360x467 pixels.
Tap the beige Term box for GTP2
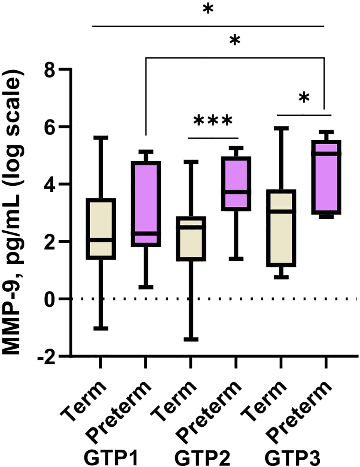coord(190,239)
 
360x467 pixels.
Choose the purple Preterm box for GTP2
coord(235,183)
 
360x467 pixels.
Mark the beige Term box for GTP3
coord(280,228)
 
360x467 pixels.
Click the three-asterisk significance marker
coord(213,121)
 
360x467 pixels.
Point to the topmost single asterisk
coord(208,10)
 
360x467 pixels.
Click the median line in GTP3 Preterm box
coord(325,153)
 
